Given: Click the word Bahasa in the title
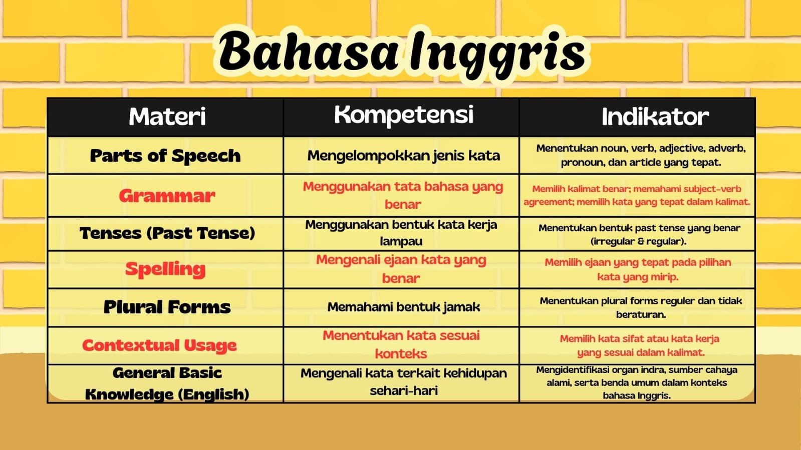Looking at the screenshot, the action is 308,51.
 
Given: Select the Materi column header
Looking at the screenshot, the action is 167,117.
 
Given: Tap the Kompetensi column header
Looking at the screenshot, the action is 404,115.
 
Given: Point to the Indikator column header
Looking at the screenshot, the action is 655,117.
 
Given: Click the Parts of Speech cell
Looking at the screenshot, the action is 165,156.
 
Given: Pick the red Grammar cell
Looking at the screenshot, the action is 167,196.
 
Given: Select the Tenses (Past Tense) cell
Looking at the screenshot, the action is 167,233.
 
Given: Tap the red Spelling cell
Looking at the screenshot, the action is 165,269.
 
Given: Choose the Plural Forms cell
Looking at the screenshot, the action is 167,307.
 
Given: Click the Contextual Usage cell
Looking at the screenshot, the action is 159,345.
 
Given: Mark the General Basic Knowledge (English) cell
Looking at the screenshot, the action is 167,383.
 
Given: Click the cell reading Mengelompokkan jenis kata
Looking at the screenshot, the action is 404,156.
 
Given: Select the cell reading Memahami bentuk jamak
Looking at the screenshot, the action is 404,307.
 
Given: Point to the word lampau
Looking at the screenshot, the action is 401,242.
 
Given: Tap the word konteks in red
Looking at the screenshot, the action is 401,354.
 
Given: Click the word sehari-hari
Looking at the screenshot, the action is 404,390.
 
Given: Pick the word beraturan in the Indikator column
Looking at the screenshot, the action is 641,314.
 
